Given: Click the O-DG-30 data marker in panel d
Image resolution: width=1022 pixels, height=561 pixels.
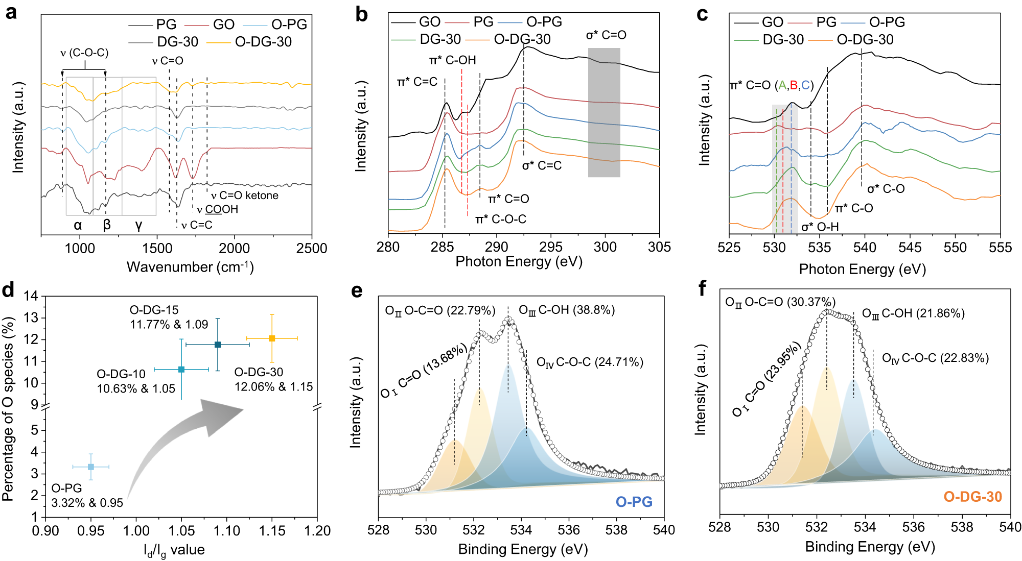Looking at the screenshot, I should coord(272,338).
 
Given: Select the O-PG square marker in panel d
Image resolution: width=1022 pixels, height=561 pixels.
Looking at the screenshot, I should coord(91,467).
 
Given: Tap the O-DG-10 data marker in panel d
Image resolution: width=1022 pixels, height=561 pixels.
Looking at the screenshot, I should coord(181,369).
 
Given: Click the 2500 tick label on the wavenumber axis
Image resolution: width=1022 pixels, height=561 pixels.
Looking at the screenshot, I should coord(311,249).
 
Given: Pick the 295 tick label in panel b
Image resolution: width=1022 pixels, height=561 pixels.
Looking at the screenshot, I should coord(551,247).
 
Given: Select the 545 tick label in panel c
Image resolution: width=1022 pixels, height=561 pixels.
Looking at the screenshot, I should coord(910,248).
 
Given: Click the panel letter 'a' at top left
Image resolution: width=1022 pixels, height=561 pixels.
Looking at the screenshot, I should coord(11,12).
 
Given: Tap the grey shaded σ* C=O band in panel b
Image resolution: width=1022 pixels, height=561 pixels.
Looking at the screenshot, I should coord(604,112).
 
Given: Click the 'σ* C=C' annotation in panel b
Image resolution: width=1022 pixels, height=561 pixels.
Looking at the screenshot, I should coord(542,166).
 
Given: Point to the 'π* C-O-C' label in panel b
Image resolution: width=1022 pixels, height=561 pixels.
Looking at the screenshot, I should coord(501,219).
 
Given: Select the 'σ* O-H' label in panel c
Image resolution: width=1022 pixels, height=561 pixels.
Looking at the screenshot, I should coord(820,227).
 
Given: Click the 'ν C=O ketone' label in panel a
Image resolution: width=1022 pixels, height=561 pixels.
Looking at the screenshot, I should coord(245,196).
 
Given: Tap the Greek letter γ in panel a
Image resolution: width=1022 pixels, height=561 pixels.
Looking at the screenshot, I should coord(138,225).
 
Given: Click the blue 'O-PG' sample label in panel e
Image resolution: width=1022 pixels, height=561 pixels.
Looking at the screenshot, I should coord(634,502).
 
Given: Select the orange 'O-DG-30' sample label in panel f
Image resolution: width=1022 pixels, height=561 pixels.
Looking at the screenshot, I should coord(972,497).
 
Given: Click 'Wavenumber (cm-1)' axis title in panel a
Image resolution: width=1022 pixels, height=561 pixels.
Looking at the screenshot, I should coord(190,267).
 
